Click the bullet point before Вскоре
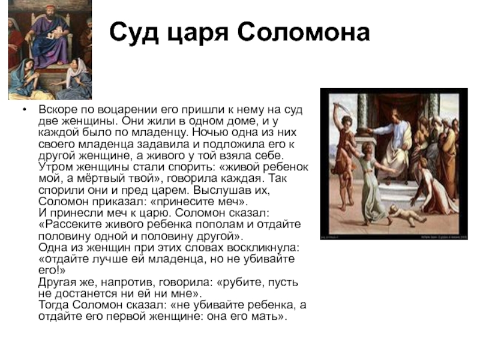coord(24,110)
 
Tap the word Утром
coord(55,167)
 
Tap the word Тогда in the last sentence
coord(54,305)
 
